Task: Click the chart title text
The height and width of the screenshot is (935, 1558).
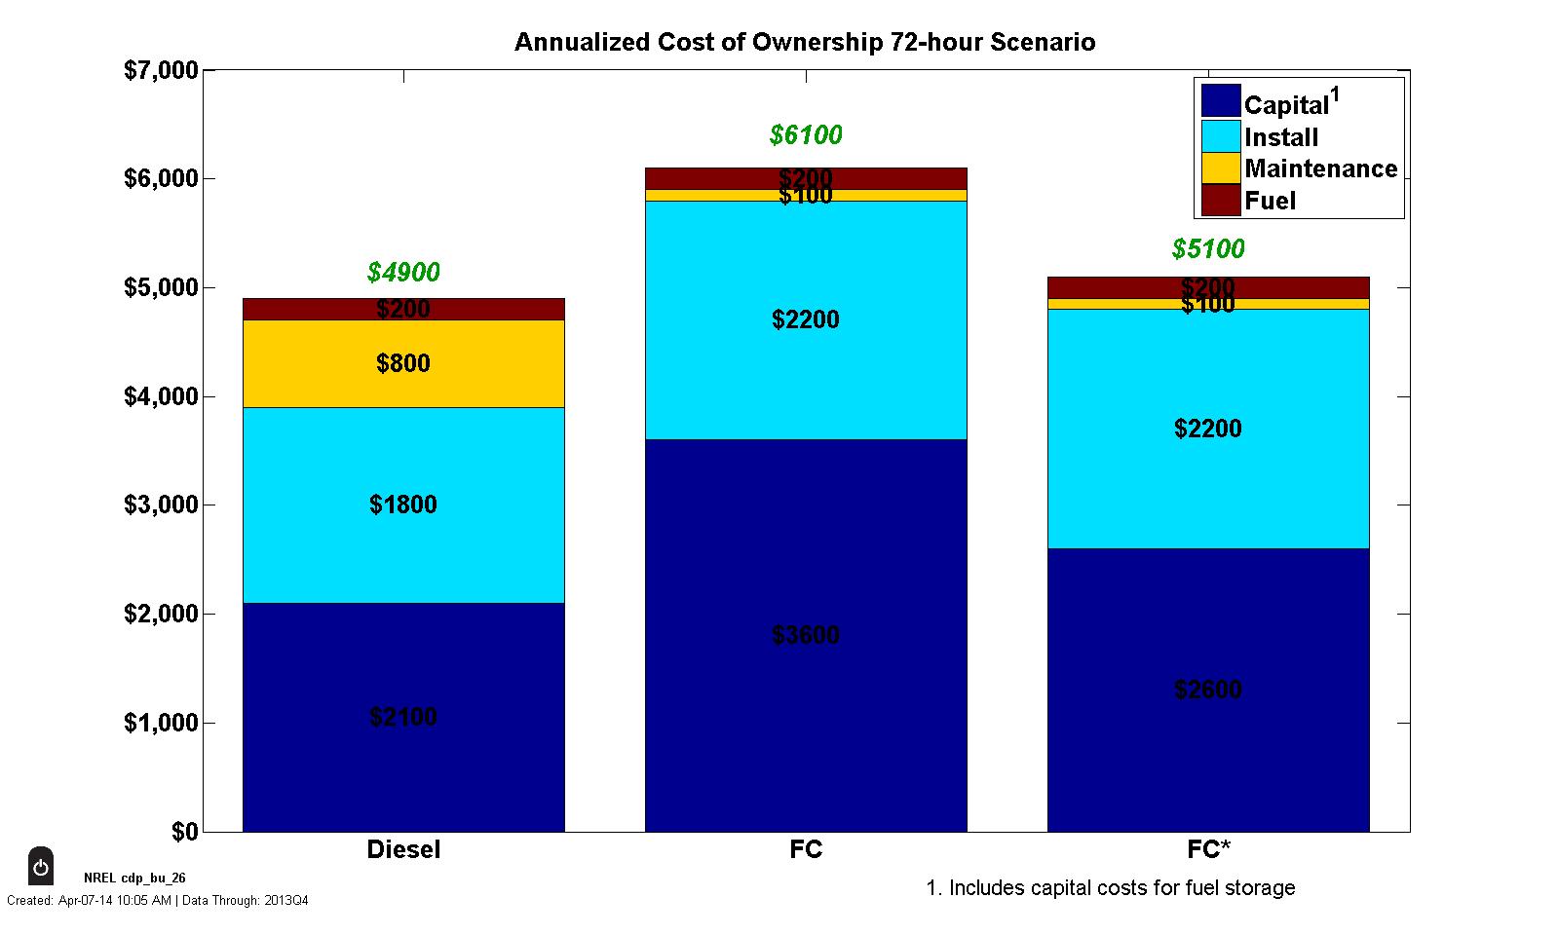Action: coord(804,43)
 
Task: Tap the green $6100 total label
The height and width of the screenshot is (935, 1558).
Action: coord(806,135)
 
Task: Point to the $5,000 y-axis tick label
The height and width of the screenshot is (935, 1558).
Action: coord(161,288)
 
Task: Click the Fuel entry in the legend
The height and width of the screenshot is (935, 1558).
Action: coord(1270,201)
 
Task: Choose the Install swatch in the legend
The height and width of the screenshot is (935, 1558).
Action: coord(1221,135)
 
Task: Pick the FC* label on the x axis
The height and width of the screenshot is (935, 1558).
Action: coord(1208,849)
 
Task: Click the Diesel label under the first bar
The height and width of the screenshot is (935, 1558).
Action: coord(403,849)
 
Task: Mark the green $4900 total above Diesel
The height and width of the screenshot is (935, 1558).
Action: coord(403,273)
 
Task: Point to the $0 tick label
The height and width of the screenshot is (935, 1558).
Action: coord(184,832)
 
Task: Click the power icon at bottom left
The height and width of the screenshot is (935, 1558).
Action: coord(41,867)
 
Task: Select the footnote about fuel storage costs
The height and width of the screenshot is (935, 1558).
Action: coord(1110,888)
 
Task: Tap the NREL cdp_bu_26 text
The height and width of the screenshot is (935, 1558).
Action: coord(134,878)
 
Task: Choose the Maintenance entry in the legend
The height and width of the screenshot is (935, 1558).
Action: coord(1320,168)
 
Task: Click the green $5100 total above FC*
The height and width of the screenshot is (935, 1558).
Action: coord(1208,249)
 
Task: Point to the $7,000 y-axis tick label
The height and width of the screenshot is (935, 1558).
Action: coord(161,71)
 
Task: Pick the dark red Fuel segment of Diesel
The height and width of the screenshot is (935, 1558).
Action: coord(403,309)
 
